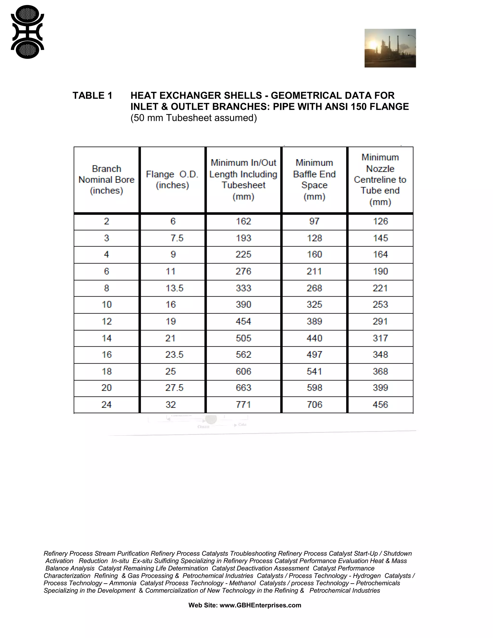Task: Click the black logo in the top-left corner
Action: click(x=27, y=32)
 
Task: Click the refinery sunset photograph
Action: click(x=390, y=48)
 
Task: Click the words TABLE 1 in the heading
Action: click(x=92, y=96)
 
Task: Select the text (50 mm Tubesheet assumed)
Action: click(x=194, y=118)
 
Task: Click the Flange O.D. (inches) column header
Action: click(x=172, y=180)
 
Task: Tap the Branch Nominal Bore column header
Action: click(x=106, y=180)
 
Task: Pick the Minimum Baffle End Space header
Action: click(x=314, y=180)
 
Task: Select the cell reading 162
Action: click(x=243, y=221)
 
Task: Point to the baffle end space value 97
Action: click(x=314, y=221)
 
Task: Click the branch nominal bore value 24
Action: click(x=106, y=405)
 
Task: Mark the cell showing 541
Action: click(x=314, y=371)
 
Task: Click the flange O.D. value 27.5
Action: click(x=174, y=388)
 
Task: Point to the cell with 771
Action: click(x=243, y=405)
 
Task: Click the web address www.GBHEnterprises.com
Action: click(x=260, y=605)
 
